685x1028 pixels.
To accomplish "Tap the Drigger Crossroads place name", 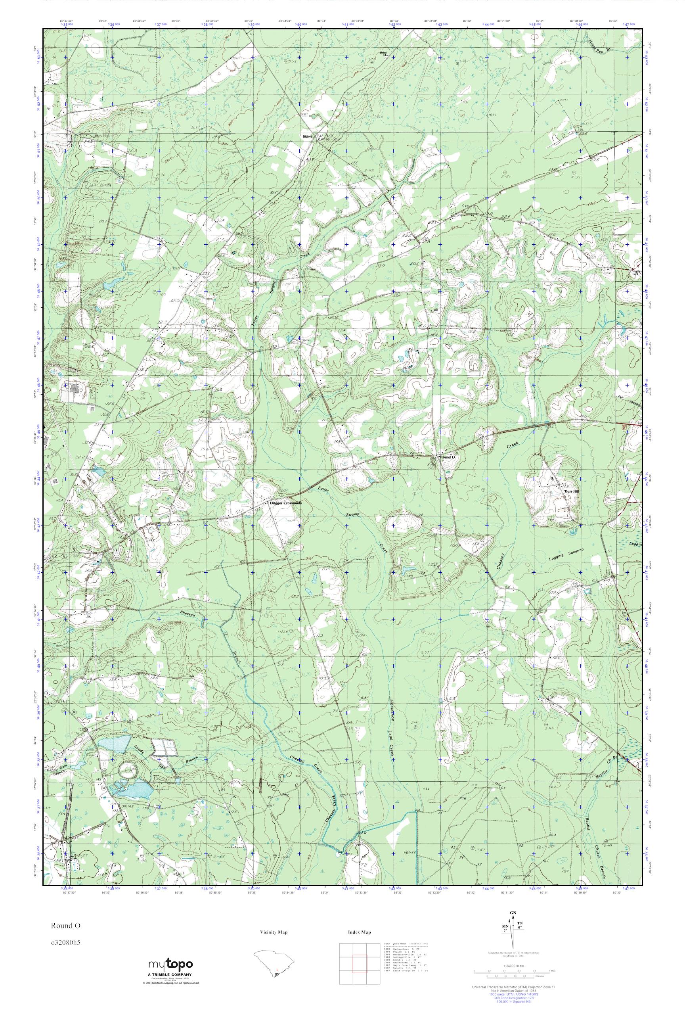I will click(285, 503).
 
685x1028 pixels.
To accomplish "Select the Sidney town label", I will click(308, 137).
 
